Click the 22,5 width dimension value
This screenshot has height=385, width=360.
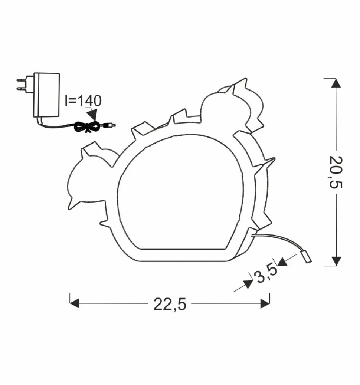coord(170,305)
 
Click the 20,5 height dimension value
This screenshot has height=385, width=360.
coord(336,172)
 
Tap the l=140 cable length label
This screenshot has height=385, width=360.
coord(83,101)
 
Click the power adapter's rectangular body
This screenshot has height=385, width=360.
coord(46,95)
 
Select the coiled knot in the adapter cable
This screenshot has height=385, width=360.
coord(88,127)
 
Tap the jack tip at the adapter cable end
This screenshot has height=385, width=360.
coord(111,125)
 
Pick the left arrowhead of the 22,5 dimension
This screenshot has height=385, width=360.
coord(75,303)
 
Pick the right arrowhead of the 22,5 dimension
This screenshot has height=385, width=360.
coord(265,303)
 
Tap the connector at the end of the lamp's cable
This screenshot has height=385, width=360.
coord(307,257)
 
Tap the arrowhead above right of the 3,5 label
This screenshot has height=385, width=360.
coord(282,262)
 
